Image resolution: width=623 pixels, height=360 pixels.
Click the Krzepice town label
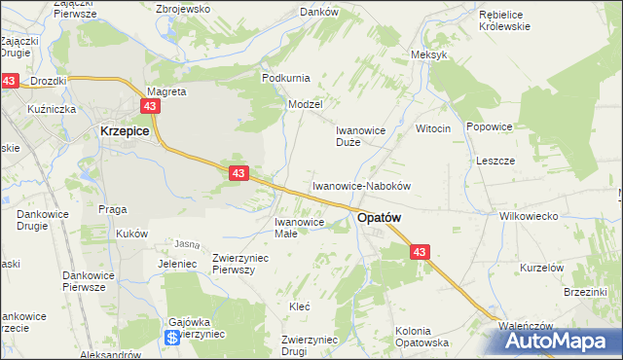click(x=123, y=129)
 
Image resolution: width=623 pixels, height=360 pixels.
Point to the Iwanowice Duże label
click(x=362, y=135)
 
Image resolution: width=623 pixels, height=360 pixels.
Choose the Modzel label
click(x=305, y=103)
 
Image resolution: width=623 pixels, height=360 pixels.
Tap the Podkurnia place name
click(x=284, y=77)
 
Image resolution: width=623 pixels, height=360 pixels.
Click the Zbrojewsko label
click(x=183, y=8)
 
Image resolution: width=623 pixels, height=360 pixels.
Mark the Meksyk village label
click(x=429, y=54)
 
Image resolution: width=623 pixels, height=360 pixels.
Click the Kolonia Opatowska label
click(x=421, y=337)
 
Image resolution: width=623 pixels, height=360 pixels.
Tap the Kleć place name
click(x=299, y=306)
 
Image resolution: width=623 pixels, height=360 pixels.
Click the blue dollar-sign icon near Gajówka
click(x=171, y=338)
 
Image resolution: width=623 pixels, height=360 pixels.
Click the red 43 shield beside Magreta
click(x=150, y=106)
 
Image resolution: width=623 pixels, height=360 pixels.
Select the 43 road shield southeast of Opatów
click(x=420, y=252)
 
